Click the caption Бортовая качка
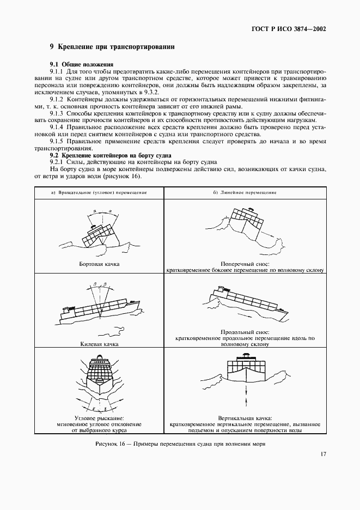point(99,264)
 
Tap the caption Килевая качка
point(99,344)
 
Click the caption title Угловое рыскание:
point(99,417)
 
